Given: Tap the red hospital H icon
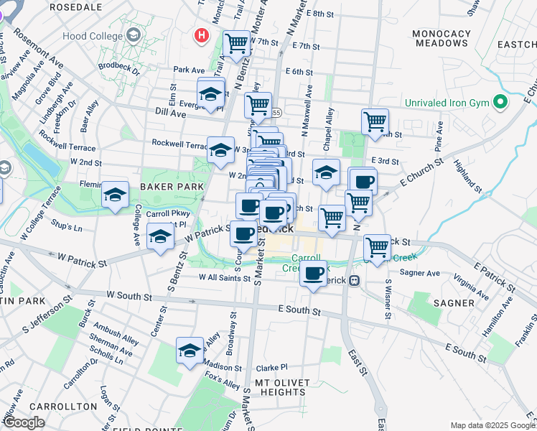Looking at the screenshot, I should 202,34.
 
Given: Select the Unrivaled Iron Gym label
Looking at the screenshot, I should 446,102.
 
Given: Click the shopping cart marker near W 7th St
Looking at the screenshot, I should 236,43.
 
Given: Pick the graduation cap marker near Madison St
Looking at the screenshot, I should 190,350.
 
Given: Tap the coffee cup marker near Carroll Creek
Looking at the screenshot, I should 313,274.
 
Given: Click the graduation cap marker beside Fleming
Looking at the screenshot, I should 115,195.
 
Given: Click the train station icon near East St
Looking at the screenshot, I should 354,281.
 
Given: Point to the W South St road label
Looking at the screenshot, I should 129,295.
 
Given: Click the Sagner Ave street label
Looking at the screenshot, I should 420,273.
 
